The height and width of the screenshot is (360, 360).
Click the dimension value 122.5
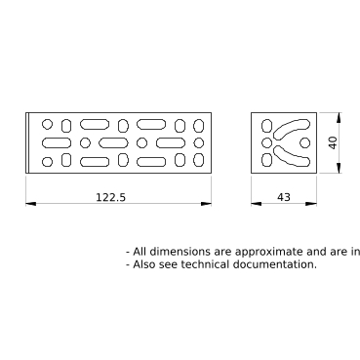pyautogui.click(x=110, y=197)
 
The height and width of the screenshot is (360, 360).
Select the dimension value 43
pyautogui.click(x=284, y=197)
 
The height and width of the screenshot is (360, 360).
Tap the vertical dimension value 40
pyautogui.click(x=333, y=142)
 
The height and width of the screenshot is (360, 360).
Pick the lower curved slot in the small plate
pyautogui.click(x=291, y=158)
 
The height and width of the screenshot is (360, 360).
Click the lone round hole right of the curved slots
pyautogui.click(x=304, y=142)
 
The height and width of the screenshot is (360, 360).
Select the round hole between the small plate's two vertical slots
pyautogui.click(x=266, y=142)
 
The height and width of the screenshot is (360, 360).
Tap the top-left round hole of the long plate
pyautogui.click(x=47, y=124)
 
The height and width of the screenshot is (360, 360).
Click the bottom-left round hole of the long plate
pyautogui.click(x=47, y=162)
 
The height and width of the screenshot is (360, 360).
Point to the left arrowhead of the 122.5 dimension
pyautogui.click(x=31, y=204)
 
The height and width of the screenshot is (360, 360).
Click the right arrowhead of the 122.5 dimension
pyautogui.click(x=206, y=204)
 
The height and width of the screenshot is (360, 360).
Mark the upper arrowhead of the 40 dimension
pyautogui.click(x=339, y=118)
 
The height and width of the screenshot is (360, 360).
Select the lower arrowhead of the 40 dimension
pyautogui.click(x=339, y=168)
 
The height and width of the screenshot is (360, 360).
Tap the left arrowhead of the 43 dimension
pyautogui.click(x=257, y=204)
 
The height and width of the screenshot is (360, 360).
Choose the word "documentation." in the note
pyautogui.click(x=274, y=264)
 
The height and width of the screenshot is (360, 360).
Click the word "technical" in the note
pyautogui.click(x=205, y=264)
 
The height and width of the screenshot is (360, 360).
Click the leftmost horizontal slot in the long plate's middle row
pyautogui.click(x=57, y=142)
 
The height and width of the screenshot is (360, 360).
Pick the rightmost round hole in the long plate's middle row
pyautogui.click(x=198, y=142)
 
